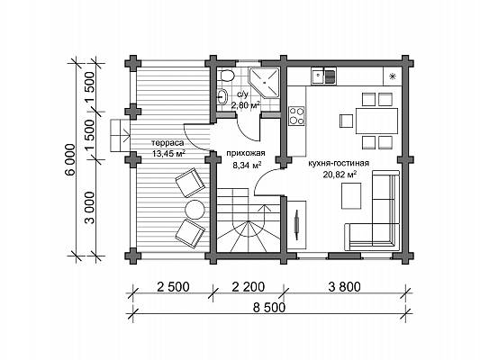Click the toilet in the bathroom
click(x=226, y=75)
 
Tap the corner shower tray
click(x=264, y=83)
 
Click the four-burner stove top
click(x=296, y=116)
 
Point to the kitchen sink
click(x=323, y=76)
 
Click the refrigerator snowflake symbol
click(x=392, y=76)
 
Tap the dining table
click(x=376, y=121)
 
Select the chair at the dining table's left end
click(x=347, y=121)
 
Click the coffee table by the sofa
click(x=351, y=196)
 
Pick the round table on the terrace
click(x=195, y=210)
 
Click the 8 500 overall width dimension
click(x=269, y=307)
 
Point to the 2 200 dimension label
click(x=249, y=287)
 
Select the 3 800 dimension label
click(x=344, y=287)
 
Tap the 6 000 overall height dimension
click(x=70, y=159)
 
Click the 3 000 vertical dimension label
click(x=89, y=208)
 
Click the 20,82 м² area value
click(x=340, y=175)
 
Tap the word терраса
click(x=168, y=143)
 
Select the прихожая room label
click(x=246, y=153)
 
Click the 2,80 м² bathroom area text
click(x=246, y=105)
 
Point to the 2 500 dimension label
click(x=173, y=287)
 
